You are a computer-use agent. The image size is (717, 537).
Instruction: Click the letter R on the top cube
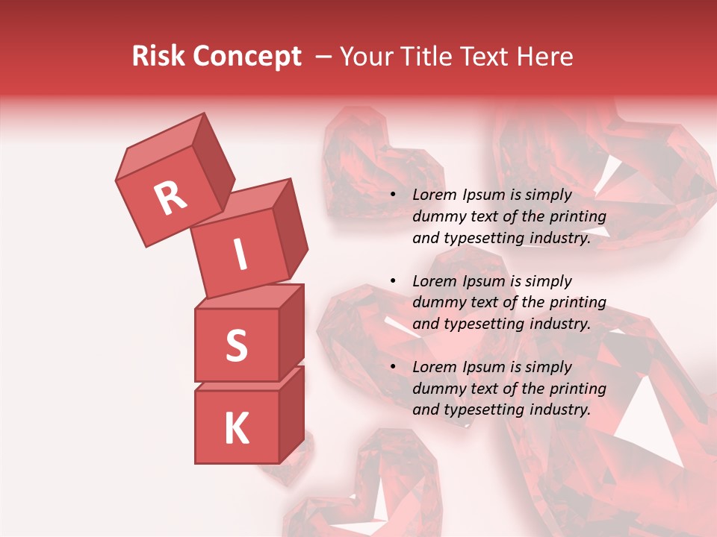(x=170, y=198)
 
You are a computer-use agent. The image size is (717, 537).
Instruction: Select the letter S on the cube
(x=236, y=345)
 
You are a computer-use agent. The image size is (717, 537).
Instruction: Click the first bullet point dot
(x=394, y=195)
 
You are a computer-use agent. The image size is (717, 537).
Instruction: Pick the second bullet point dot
(x=394, y=281)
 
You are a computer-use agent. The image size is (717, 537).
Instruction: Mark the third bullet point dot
(x=394, y=367)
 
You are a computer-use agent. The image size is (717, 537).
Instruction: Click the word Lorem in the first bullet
(x=435, y=195)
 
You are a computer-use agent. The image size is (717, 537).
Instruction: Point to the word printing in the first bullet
(x=578, y=217)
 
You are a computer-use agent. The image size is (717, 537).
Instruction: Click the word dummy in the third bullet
(x=439, y=389)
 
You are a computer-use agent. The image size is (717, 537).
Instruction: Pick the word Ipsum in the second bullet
(x=485, y=281)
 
